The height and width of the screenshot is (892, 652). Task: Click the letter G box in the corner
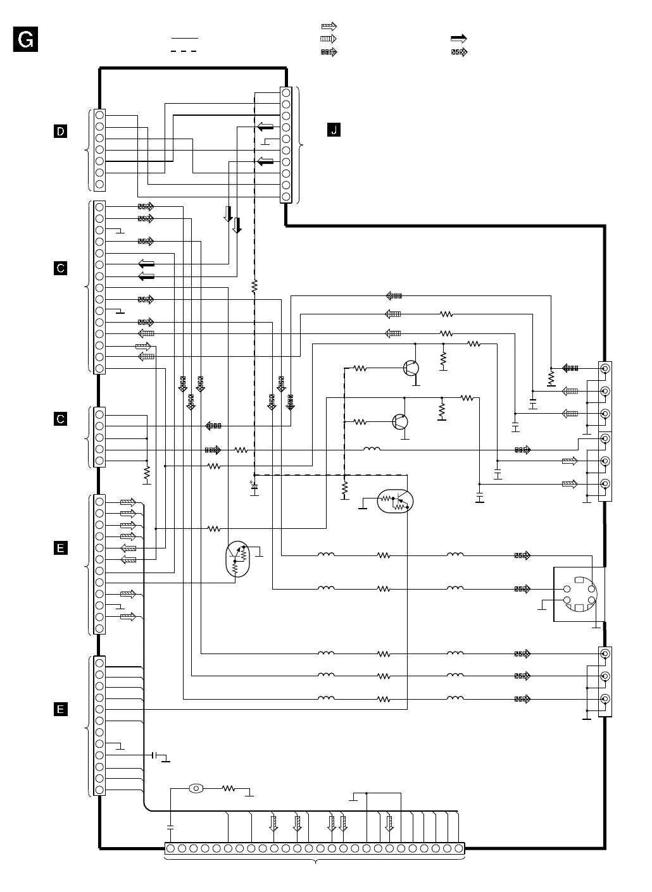tap(26, 40)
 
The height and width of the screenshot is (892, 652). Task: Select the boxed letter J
tap(334, 131)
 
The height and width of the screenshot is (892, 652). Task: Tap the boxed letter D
tap(60, 132)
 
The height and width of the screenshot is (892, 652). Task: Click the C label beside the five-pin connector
tap(60, 419)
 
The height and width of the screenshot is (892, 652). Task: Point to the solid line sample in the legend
tap(184, 38)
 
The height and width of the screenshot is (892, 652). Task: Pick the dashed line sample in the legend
tap(184, 51)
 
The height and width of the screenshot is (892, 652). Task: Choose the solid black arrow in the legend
tap(458, 39)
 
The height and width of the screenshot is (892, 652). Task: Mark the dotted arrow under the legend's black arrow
tap(458, 53)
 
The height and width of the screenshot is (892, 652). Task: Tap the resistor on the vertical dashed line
tap(254, 287)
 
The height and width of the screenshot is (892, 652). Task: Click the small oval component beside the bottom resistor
tap(196, 789)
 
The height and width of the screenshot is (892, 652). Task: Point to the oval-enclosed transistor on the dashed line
tap(394, 501)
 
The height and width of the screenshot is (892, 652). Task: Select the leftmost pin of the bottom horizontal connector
tap(171, 848)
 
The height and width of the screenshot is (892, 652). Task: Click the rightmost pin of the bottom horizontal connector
tap(458, 848)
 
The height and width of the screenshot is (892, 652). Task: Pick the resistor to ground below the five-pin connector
tap(147, 473)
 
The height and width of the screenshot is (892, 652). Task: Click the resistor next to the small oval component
tap(229, 789)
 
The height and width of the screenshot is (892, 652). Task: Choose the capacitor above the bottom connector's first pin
tap(170, 826)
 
